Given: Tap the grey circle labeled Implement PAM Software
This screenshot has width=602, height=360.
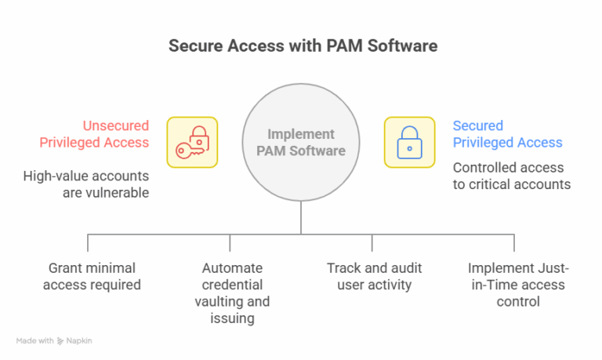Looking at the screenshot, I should pyautogui.click(x=301, y=142).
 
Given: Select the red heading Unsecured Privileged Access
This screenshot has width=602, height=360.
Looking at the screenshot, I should pyautogui.click(x=116, y=134).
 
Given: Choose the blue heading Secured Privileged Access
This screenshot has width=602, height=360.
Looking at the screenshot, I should pyautogui.click(x=507, y=134).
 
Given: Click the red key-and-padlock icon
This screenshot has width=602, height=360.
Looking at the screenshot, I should pyautogui.click(x=192, y=143).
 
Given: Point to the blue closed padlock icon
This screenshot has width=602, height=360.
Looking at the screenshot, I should pyautogui.click(x=408, y=143).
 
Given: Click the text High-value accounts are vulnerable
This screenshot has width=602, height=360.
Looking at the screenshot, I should pyautogui.click(x=86, y=184).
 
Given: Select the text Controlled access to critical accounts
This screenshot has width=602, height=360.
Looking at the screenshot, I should pyautogui.click(x=512, y=176).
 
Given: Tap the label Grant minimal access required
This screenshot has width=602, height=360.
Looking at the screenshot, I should pyautogui.click(x=92, y=276).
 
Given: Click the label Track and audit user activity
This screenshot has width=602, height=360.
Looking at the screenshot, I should pyautogui.click(x=372, y=276).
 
